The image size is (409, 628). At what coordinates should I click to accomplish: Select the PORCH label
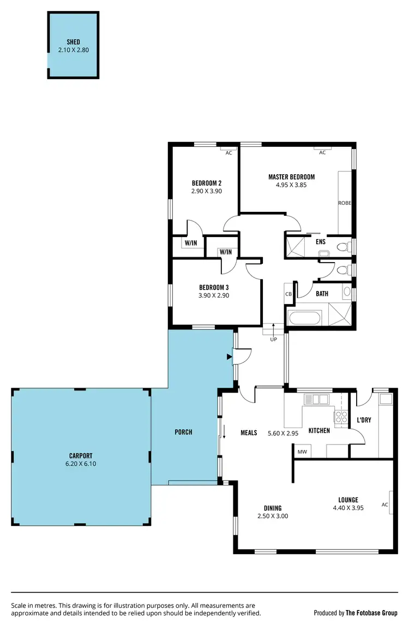point(183,432)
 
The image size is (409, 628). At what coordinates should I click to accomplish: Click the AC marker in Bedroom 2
point(228,153)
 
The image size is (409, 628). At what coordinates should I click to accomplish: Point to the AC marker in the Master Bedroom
point(322,153)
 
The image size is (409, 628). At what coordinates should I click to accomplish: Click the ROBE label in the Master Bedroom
point(344,203)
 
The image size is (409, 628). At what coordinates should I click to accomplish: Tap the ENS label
point(320,241)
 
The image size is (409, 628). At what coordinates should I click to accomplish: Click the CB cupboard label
point(288,294)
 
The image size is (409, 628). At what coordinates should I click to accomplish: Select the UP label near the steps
point(274,339)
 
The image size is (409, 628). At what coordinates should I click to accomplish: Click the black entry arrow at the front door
point(229,357)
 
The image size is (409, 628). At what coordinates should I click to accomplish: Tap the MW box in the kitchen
point(301,452)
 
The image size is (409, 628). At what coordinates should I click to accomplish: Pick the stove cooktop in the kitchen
point(341,417)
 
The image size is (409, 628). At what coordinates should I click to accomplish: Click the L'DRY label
point(364,421)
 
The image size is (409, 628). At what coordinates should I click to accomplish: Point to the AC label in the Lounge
point(384,505)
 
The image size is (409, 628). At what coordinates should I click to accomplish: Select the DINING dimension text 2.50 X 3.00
point(273,516)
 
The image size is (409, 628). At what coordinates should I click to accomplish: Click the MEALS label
point(249,433)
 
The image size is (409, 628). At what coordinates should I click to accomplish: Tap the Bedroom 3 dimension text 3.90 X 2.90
point(213,295)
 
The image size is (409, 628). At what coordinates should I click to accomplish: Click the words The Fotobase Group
point(371,613)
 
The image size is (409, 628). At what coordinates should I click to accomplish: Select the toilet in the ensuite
point(342,247)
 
